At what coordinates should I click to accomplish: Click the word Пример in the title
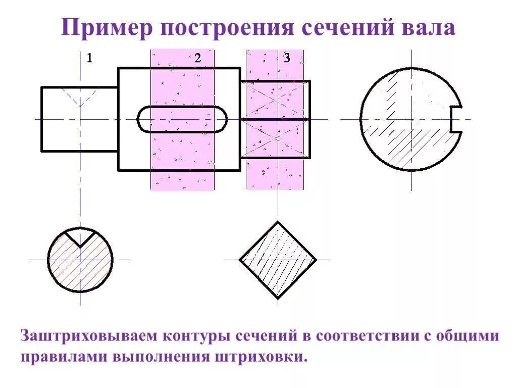pos(107,28)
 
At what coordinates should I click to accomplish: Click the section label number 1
pos(89,58)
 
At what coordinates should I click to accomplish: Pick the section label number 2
pos(197,58)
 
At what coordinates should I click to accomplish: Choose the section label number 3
pos(287,58)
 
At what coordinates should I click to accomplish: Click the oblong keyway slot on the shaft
pos(182,119)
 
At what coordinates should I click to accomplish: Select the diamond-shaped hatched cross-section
pos(278,260)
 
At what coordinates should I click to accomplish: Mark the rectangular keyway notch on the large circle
pos(456,119)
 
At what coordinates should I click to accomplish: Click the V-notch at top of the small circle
pos(80,236)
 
